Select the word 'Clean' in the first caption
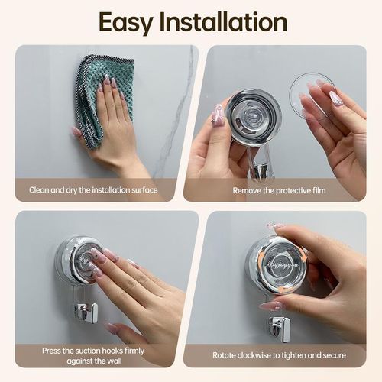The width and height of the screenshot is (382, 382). [40, 189]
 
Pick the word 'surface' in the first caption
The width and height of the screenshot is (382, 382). [143, 189]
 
